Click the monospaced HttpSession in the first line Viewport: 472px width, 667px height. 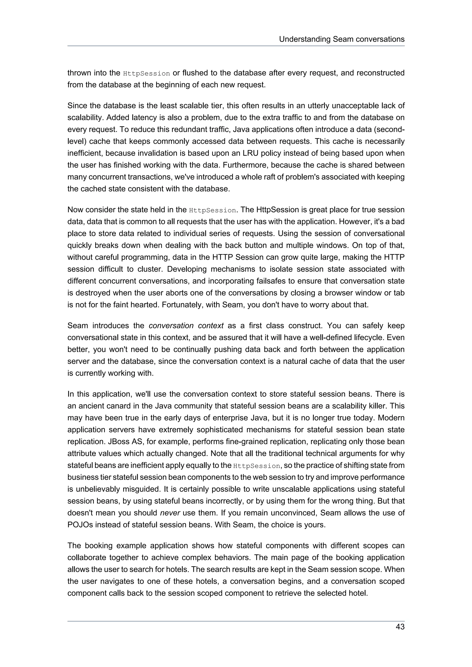coord(146,73)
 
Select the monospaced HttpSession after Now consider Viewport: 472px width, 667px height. coord(212,210)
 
